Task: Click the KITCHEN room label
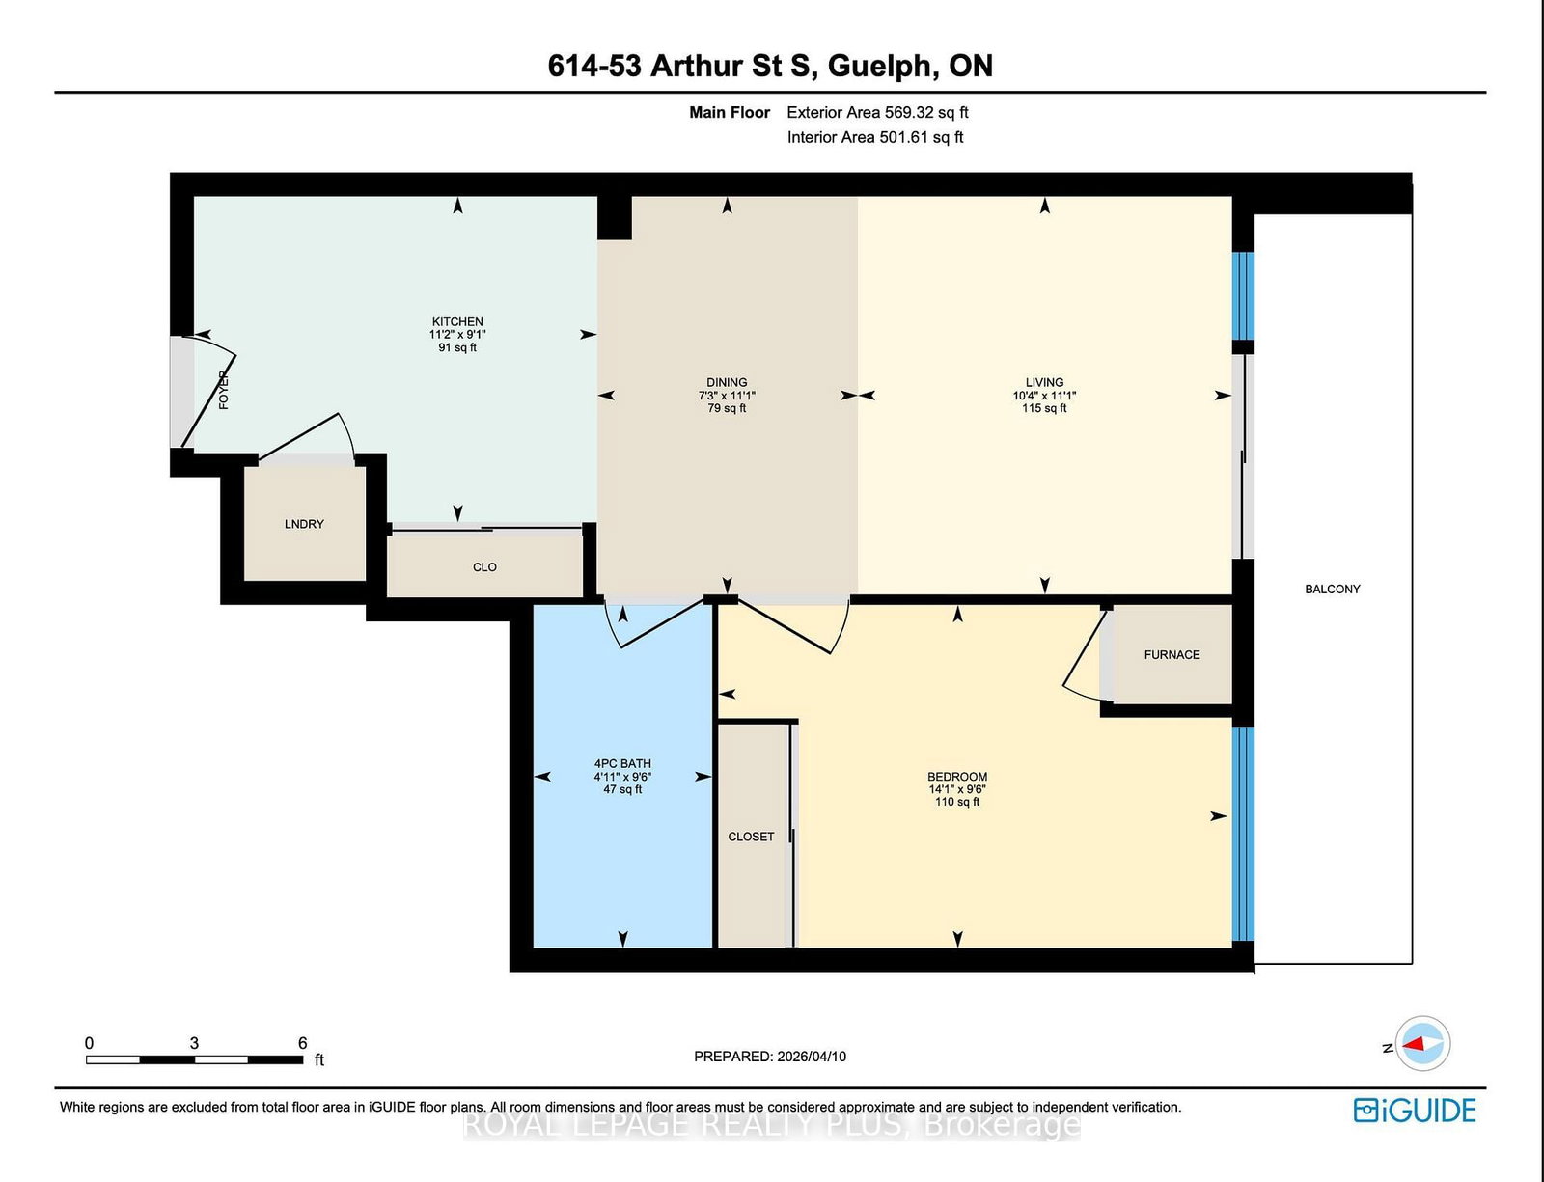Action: coord(457,321)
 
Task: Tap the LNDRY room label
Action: coord(304,524)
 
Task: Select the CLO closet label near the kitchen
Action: coord(484,567)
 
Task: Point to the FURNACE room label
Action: coord(1172,654)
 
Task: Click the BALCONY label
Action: coord(1332,589)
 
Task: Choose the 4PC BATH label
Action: coord(622,763)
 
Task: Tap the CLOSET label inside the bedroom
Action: coord(751,837)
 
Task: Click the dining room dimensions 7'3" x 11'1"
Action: coord(727,396)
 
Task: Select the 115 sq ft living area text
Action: coord(1044,408)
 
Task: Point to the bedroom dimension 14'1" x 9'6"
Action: coord(957,789)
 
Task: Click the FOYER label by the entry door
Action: coord(224,390)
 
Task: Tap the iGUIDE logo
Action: coord(1415,1111)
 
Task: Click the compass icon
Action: coord(1422,1043)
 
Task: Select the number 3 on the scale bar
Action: coord(195,1043)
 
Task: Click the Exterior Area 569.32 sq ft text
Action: coord(877,112)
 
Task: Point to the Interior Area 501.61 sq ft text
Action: coord(874,137)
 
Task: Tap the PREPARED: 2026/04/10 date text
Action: coord(770,1057)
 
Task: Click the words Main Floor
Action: coord(730,112)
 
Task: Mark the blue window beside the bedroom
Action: coord(1243,834)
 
